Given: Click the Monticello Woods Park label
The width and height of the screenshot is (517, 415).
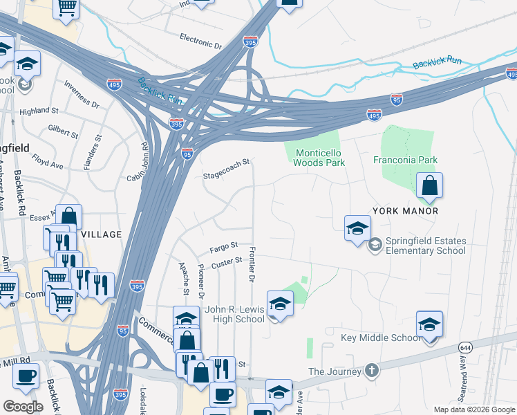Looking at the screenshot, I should coord(319,158).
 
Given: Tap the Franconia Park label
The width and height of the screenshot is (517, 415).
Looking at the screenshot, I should coord(406,160).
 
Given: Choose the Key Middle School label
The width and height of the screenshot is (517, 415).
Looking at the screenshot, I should coord(380,338).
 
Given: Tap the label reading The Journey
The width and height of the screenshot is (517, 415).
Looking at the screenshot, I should coord(336,371).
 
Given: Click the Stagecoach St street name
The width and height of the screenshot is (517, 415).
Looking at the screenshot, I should coord(225,169).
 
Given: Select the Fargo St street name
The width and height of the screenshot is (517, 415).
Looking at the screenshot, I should coord(224,246).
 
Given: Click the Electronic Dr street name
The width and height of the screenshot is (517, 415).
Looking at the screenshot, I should coord(200,40).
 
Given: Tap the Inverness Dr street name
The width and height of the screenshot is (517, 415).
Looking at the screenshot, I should coord(82,95).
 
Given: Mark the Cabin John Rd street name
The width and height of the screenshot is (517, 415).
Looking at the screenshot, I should coord(136,163).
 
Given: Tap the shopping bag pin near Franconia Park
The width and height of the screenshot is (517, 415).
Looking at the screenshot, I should coord(429,185).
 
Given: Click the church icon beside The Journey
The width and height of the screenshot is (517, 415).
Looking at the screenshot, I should coord(373,370).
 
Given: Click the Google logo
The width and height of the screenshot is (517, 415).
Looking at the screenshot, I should coord(23,406).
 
